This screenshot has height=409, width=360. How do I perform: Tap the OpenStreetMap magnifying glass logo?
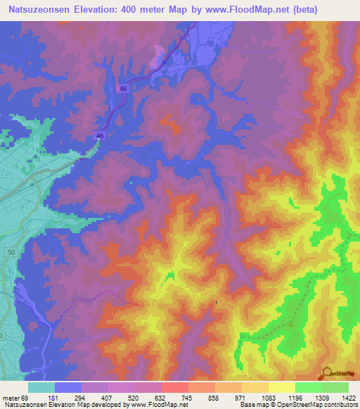(326, 373)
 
